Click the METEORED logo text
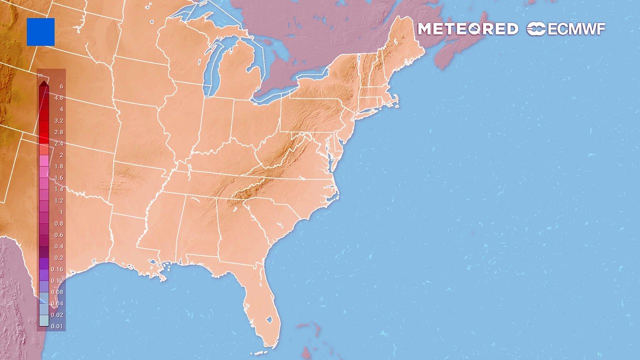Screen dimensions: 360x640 468,29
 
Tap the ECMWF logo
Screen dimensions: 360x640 566,29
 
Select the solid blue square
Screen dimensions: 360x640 40,32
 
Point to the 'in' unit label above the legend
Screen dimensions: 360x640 40,76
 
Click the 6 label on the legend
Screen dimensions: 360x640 61,86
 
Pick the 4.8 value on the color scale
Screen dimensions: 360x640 59,98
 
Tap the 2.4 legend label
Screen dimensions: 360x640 59,143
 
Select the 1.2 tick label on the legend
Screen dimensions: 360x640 59,201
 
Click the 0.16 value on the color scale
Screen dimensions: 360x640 57,269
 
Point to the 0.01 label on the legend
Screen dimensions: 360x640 57,326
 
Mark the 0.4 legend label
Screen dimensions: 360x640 59,246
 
